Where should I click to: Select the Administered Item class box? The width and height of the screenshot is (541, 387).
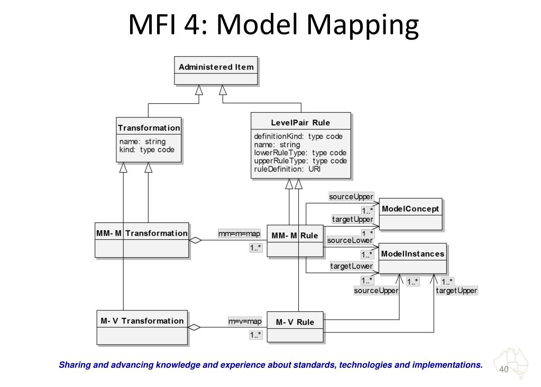216,70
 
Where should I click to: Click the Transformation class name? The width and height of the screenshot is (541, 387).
149,128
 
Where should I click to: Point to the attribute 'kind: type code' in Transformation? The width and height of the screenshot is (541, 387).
146,150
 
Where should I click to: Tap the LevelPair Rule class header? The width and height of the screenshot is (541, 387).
300,123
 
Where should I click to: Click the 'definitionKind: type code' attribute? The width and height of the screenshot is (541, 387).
298,136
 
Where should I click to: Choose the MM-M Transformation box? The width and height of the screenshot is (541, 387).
142,240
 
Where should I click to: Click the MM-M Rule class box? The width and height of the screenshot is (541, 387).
295,242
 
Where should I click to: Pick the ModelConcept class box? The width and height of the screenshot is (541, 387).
410,214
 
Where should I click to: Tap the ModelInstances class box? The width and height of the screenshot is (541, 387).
412,258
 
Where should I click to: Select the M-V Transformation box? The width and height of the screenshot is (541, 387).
142,327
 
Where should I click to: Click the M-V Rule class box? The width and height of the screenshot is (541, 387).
295,328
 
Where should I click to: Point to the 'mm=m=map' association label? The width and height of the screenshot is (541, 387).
239,233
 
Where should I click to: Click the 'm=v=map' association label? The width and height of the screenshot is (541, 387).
245,321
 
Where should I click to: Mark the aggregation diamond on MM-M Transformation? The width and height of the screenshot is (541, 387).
196,240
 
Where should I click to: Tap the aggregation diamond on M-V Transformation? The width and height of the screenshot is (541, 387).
195,328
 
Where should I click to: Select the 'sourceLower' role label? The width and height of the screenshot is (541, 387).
350,240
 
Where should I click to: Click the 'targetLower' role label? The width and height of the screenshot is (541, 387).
351,266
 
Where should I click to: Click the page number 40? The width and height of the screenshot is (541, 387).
503,369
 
